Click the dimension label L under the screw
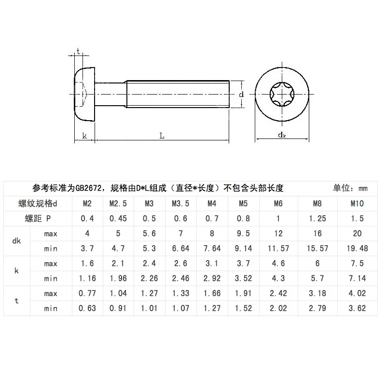click(x=162, y=136)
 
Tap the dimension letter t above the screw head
click(x=78, y=52)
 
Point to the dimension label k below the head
click(x=84, y=136)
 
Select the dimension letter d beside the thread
click(x=241, y=95)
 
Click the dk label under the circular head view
click(x=282, y=136)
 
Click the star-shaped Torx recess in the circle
click(x=281, y=95)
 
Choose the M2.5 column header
click(x=118, y=203)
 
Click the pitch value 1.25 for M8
click(x=317, y=218)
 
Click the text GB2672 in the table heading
click(x=87, y=188)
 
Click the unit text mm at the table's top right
click(x=363, y=188)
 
